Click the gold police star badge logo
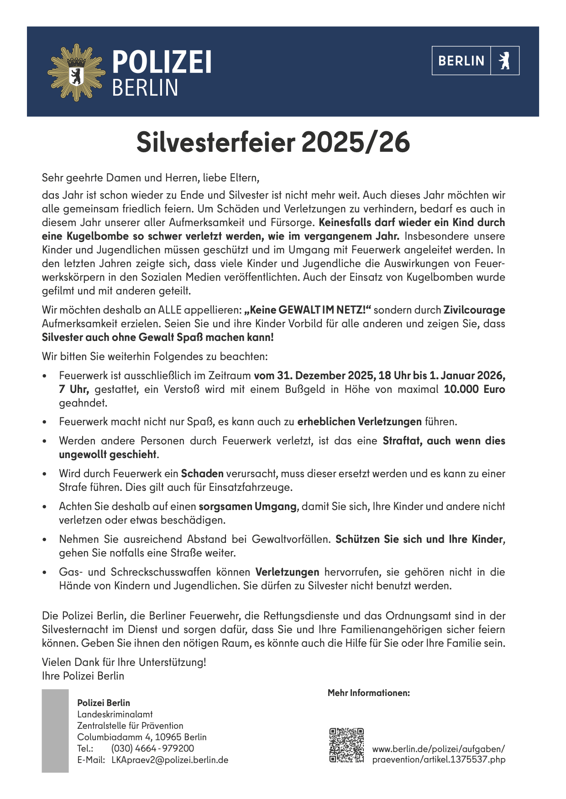point(76,72)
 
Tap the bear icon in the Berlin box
point(504,61)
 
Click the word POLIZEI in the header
point(162,62)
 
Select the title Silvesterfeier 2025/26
point(273,142)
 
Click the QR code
point(346,745)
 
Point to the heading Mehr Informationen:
point(369,693)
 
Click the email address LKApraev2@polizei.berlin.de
point(170,760)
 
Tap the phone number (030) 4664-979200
point(152,748)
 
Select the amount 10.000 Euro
point(474,389)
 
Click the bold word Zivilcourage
point(474,310)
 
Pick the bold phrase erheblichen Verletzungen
point(359,422)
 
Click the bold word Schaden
point(202,474)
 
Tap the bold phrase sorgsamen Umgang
point(247,506)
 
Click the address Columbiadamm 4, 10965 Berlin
point(141,737)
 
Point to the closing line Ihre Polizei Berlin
point(83,675)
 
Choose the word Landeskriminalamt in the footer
point(115,714)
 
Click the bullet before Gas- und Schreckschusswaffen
point(45,572)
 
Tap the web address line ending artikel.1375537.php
point(439,760)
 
